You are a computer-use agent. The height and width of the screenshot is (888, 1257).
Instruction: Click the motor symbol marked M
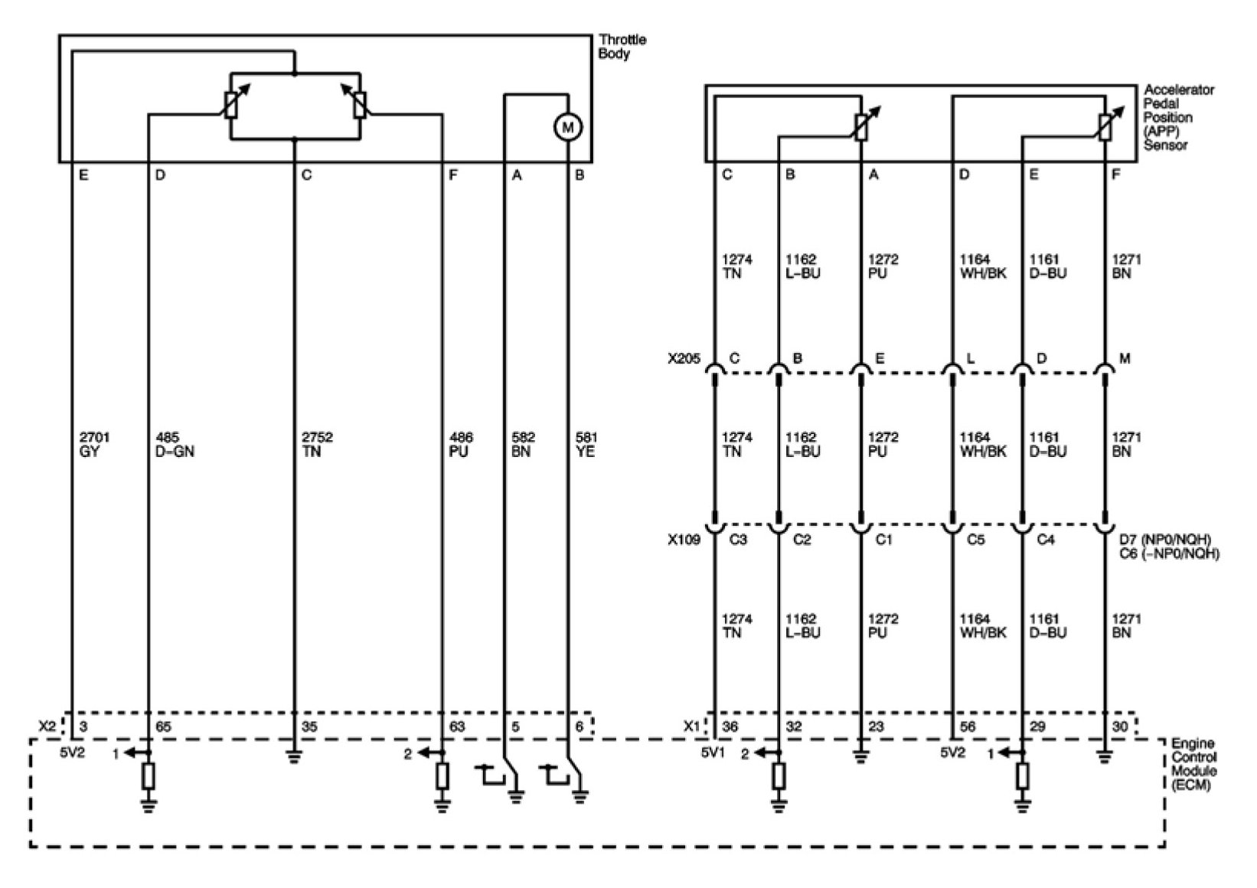point(567,127)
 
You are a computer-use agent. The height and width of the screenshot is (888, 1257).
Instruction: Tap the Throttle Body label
point(621,47)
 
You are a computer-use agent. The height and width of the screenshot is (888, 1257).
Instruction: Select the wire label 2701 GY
point(94,444)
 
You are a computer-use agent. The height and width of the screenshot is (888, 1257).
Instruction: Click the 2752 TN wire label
point(318,444)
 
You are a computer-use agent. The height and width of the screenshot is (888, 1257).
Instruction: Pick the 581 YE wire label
point(586,444)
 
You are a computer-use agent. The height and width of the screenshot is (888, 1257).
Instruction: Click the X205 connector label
point(683,358)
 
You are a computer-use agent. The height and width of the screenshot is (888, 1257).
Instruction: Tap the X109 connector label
point(683,540)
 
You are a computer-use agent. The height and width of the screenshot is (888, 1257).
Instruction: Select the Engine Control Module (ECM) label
point(1193,764)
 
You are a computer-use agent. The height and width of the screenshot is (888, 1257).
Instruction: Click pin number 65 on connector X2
point(163,726)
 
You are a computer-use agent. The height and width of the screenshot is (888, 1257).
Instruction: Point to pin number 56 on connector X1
point(968,726)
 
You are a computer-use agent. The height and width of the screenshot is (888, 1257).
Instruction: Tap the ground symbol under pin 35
point(295,760)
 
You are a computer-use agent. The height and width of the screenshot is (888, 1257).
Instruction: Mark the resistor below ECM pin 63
point(442,776)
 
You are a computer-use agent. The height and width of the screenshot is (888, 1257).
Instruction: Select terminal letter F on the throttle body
point(453,175)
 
